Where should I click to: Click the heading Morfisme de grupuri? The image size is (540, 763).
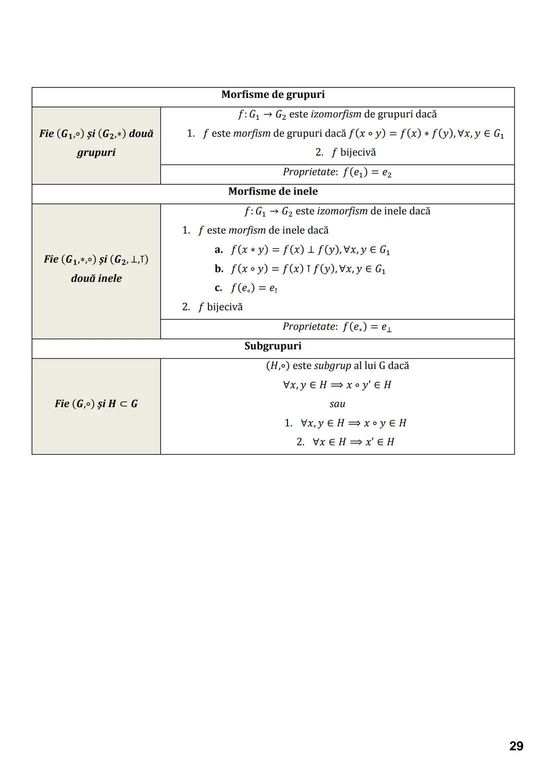[272, 95]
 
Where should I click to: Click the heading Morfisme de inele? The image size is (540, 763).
[272, 191]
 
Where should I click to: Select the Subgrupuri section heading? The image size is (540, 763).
[272, 346]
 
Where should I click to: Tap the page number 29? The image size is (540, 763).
[516, 746]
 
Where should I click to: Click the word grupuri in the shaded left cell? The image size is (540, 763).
[96, 152]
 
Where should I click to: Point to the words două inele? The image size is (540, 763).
[96, 278]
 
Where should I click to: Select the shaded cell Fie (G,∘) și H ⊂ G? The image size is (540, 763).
[96, 404]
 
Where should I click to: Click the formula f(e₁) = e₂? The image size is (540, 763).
[367, 172]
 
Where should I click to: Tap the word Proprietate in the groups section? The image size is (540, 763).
[309, 172]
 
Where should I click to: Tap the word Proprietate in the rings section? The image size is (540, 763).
[309, 327]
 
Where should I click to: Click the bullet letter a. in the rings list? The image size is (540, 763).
[218, 249]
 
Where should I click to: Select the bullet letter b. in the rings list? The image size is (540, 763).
[219, 269]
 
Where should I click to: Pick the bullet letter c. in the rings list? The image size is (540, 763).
[218, 288]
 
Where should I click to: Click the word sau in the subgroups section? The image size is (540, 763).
[337, 404]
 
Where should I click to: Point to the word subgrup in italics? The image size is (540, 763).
[332, 366]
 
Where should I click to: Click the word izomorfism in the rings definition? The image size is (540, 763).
[342, 211]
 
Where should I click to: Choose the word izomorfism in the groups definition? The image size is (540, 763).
[336, 114]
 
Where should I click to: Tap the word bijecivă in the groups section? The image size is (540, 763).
[357, 152]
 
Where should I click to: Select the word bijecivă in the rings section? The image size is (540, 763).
[224, 307]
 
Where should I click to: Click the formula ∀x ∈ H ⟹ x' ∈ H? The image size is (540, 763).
[353, 442]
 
